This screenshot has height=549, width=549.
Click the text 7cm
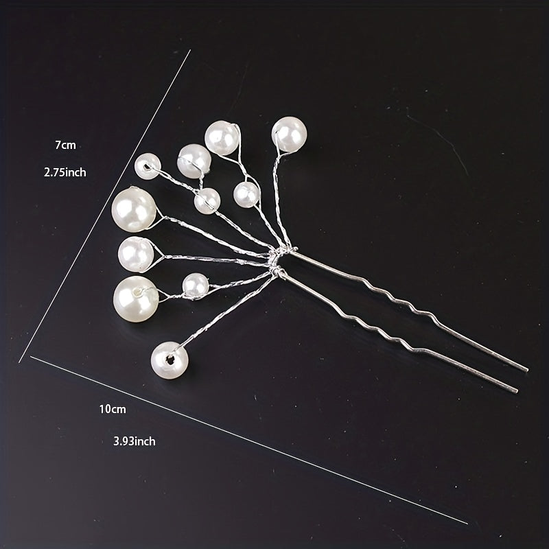65,145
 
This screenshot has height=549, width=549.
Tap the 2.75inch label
65,172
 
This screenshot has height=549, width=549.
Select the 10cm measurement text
113,409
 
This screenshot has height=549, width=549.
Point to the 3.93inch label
135,441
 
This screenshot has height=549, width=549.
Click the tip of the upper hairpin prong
527,370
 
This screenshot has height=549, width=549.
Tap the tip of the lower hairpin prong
516,391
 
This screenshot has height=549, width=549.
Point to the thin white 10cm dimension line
248,440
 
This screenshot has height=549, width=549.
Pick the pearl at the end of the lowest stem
170,360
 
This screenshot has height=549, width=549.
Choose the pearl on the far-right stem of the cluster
289,135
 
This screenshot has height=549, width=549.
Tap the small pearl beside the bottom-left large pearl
196,286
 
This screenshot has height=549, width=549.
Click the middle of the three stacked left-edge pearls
136,255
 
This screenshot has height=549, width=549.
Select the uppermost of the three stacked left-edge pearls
134,209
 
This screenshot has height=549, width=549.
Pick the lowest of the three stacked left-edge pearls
136,299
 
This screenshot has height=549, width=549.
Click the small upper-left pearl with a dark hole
148,166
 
